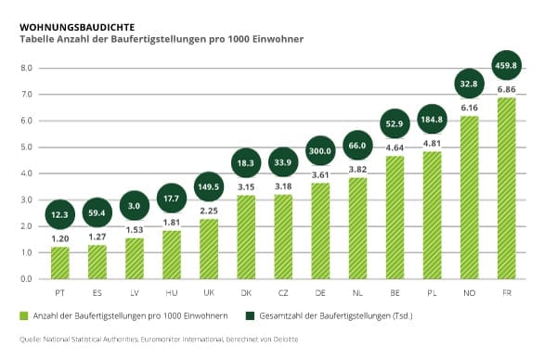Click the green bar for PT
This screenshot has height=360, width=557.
(60, 263)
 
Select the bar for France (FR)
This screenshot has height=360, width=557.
(507, 188)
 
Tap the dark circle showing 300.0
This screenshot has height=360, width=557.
(320, 150)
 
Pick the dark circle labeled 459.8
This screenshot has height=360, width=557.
(506, 65)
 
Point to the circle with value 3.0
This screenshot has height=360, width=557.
(135, 206)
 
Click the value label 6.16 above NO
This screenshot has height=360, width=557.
(469, 108)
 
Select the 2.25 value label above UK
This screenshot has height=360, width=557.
(209, 211)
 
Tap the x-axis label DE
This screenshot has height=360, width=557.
(320, 293)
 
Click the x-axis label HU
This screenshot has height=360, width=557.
(172, 293)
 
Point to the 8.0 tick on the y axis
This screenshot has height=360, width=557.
(26, 68)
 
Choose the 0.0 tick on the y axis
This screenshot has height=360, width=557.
(26, 279)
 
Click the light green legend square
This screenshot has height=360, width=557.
(24, 315)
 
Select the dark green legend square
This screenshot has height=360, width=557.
(250, 315)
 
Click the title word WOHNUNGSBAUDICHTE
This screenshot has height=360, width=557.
(77, 27)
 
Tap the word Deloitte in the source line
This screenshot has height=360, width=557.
(286, 339)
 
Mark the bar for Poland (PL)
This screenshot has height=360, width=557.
(432, 215)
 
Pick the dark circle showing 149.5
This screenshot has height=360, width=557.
(209, 186)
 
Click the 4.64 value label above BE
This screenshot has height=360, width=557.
(395, 148)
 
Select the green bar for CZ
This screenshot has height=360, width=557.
(283, 237)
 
